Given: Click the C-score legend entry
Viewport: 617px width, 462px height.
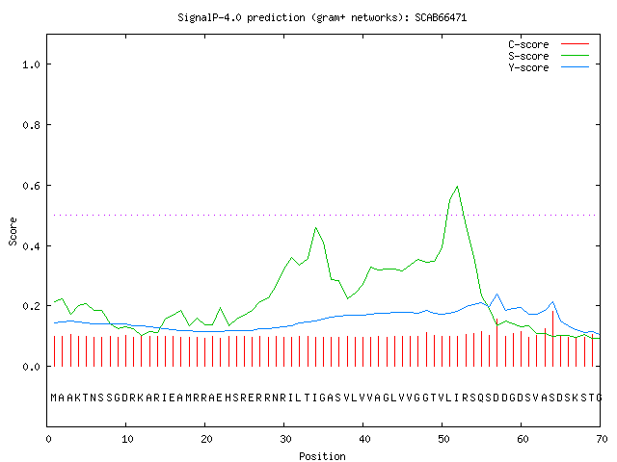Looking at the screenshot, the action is pyautogui.click(x=549, y=44).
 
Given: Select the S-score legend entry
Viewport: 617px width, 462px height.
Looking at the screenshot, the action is pyautogui.click(x=549, y=56).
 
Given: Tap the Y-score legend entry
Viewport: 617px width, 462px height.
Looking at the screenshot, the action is pyautogui.click(x=549, y=67).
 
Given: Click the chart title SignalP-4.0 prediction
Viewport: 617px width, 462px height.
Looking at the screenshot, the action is pyautogui.click(x=241, y=17).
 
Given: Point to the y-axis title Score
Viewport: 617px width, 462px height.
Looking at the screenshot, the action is pyautogui.click(x=13, y=231).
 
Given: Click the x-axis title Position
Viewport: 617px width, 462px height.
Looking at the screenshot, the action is pyautogui.click(x=322, y=456).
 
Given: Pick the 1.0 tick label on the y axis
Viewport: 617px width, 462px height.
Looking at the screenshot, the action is pyautogui.click(x=31, y=64).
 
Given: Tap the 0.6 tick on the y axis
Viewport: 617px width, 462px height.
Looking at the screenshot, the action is pyautogui.click(x=31, y=186).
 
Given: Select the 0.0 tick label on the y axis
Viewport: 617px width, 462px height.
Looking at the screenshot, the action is pyautogui.click(x=31, y=367).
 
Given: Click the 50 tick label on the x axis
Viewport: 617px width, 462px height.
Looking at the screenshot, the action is pyautogui.click(x=443, y=439).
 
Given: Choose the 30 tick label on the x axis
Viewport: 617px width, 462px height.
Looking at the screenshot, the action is pyautogui.click(x=285, y=439).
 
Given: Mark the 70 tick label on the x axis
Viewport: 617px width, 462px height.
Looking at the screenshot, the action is pyautogui.click(x=602, y=439).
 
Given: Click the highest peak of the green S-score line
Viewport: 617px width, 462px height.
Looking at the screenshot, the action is pyautogui.click(x=457, y=186).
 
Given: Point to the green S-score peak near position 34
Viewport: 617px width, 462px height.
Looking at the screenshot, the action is pyautogui.click(x=315, y=227).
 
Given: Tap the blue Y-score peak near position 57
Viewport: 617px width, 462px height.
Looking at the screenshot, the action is pyautogui.click(x=497, y=294).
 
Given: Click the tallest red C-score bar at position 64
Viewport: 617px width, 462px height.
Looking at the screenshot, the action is pyautogui.click(x=552, y=339).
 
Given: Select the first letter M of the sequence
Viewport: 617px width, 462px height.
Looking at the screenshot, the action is pyautogui.click(x=54, y=398).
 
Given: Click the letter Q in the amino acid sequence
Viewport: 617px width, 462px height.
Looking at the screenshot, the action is pyautogui.click(x=481, y=398).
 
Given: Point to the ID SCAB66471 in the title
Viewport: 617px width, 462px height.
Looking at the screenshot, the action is pyautogui.click(x=441, y=17).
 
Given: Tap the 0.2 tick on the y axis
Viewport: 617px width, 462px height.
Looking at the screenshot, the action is pyautogui.click(x=31, y=306).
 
